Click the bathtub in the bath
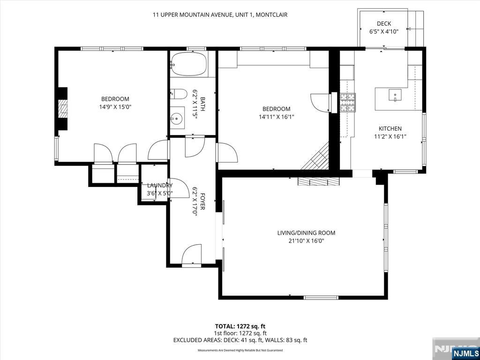pyautogui.click(x=189, y=64)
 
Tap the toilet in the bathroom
pyautogui.click(x=178, y=94)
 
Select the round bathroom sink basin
pyautogui.click(x=177, y=118)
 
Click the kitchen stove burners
pyautogui.click(x=348, y=103)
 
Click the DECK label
pyautogui.click(x=384, y=23)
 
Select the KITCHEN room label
pyautogui.click(x=390, y=128)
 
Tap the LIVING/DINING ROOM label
pyautogui.click(x=306, y=232)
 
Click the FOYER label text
pyautogui.click(x=202, y=201)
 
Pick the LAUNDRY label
pyautogui.click(x=160, y=185)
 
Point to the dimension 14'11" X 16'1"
pyautogui.click(x=276, y=116)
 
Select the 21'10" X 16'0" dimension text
pyautogui.click(x=306, y=240)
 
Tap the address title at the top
pyautogui.click(x=220, y=15)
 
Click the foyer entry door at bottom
pyautogui.click(x=192, y=255)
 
